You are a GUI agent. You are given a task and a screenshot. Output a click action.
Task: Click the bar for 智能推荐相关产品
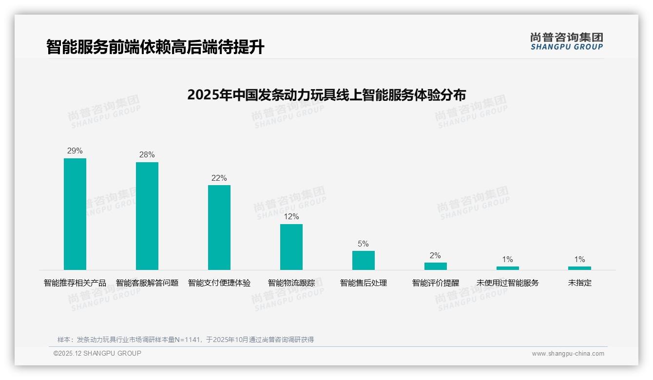click(75, 214)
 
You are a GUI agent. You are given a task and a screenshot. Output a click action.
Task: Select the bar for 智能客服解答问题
click(147, 216)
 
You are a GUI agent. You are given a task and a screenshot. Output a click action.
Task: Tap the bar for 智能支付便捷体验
click(219, 227)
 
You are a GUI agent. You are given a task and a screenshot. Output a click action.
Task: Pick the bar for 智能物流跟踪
click(291, 247)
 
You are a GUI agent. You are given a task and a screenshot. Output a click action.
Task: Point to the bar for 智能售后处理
click(364, 260)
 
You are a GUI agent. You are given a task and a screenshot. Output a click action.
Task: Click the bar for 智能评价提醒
click(436, 266)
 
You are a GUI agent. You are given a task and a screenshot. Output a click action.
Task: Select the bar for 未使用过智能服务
click(508, 268)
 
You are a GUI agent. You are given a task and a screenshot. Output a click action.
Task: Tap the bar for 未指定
click(579, 268)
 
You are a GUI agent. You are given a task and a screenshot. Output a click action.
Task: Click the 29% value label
click(75, 151)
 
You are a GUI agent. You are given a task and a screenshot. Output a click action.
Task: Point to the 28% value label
click(147, 155)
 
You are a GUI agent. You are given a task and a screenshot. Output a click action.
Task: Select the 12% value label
click(291, 217)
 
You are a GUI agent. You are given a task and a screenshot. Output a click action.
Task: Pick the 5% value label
click(364, 244)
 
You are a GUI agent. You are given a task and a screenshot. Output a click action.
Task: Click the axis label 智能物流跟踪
click(291, 283)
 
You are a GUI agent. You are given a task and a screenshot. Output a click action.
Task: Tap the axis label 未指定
click(579, 283)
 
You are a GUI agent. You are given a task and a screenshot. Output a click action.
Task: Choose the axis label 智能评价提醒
click(436, 283)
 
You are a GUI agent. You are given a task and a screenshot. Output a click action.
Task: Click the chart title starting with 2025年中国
click(326, 95)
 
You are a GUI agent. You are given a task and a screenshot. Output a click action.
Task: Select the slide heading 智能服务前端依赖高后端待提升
click(155, 47)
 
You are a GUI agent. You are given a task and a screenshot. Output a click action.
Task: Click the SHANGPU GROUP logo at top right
click(567, 41)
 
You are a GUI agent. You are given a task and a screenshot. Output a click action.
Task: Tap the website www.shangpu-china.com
click(568, 354)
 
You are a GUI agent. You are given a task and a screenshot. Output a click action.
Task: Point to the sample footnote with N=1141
click(186, 340)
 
